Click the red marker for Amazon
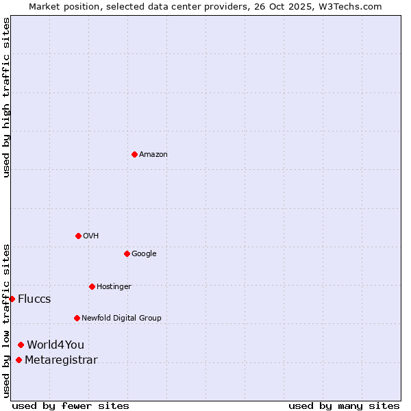[x=134, y=154]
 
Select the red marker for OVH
[x=78, y=236]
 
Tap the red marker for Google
[x=127, y=253]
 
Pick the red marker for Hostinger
[x=92, y=286]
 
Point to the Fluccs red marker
[x=12, y=299]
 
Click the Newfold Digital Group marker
[x=77, y=318]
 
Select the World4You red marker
[x=21, y=345]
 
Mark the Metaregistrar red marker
[x=18, y=360]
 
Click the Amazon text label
[x=153, y=155]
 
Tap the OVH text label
[x=91, y=236]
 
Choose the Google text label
[x=144, y=254]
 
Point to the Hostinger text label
[x=114, y=287]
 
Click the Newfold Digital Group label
[x=121, y=319]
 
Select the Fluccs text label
[x=34, y=299]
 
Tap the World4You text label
[x=55, y=345]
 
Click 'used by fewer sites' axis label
[x=71, y=406]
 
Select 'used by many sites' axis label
[x=344, y=406]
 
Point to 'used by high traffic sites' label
[x=6, y=97]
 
